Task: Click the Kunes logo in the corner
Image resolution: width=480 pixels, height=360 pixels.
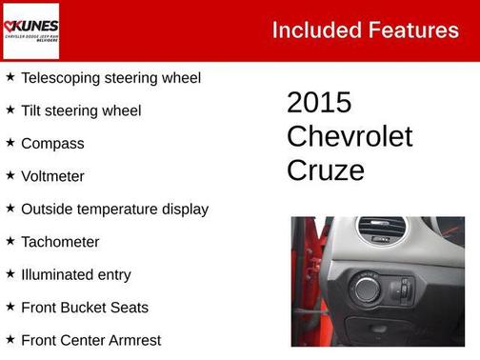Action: pyautogui.click(x=31, y=30)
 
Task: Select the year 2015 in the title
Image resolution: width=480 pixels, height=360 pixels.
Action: pyautogui.click(x=319, y=103)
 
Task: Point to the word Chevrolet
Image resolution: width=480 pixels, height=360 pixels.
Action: pyautogui.click(x=350, y=136)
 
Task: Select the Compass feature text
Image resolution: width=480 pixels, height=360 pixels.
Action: pyautogui.click(x=52, y=144)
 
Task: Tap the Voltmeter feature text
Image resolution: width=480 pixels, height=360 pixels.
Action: pyautogui.click(x=52, y=176)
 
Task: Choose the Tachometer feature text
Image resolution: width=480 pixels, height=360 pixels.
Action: pyautogui.click(x=60, y=242)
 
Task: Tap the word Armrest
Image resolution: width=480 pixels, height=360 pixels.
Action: pyautogui.click(x=132, y=340)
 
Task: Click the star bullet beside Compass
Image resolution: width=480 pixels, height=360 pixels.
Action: pyautogui.click(x=10, y=143)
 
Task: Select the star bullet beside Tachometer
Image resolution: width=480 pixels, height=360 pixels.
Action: pyautogui.click(x=10, y=241)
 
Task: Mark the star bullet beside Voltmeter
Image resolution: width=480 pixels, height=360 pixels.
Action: pyautogui.click(x=10, y=175)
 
